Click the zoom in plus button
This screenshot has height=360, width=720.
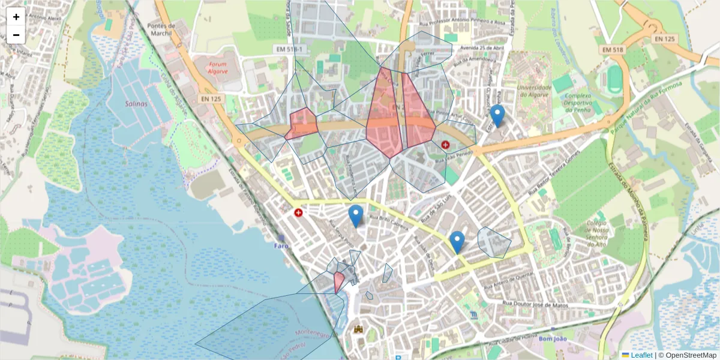pyautogui.click(x=16, y=17)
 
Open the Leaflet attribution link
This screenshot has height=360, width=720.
pyautogui.click(x=641, y=355)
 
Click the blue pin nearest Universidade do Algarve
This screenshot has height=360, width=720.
pyautogui.click(x=497, y=115)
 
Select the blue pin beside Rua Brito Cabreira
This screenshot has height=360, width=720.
pyautogui.click(x=356, y=215)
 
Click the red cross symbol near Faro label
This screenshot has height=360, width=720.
pyautogui.click(x=298, y=212)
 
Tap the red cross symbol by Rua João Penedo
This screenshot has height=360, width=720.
pyautogui.click(x=445, y=145)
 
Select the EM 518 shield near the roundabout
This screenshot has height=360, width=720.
pyautogui.click(x=613, y=49)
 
